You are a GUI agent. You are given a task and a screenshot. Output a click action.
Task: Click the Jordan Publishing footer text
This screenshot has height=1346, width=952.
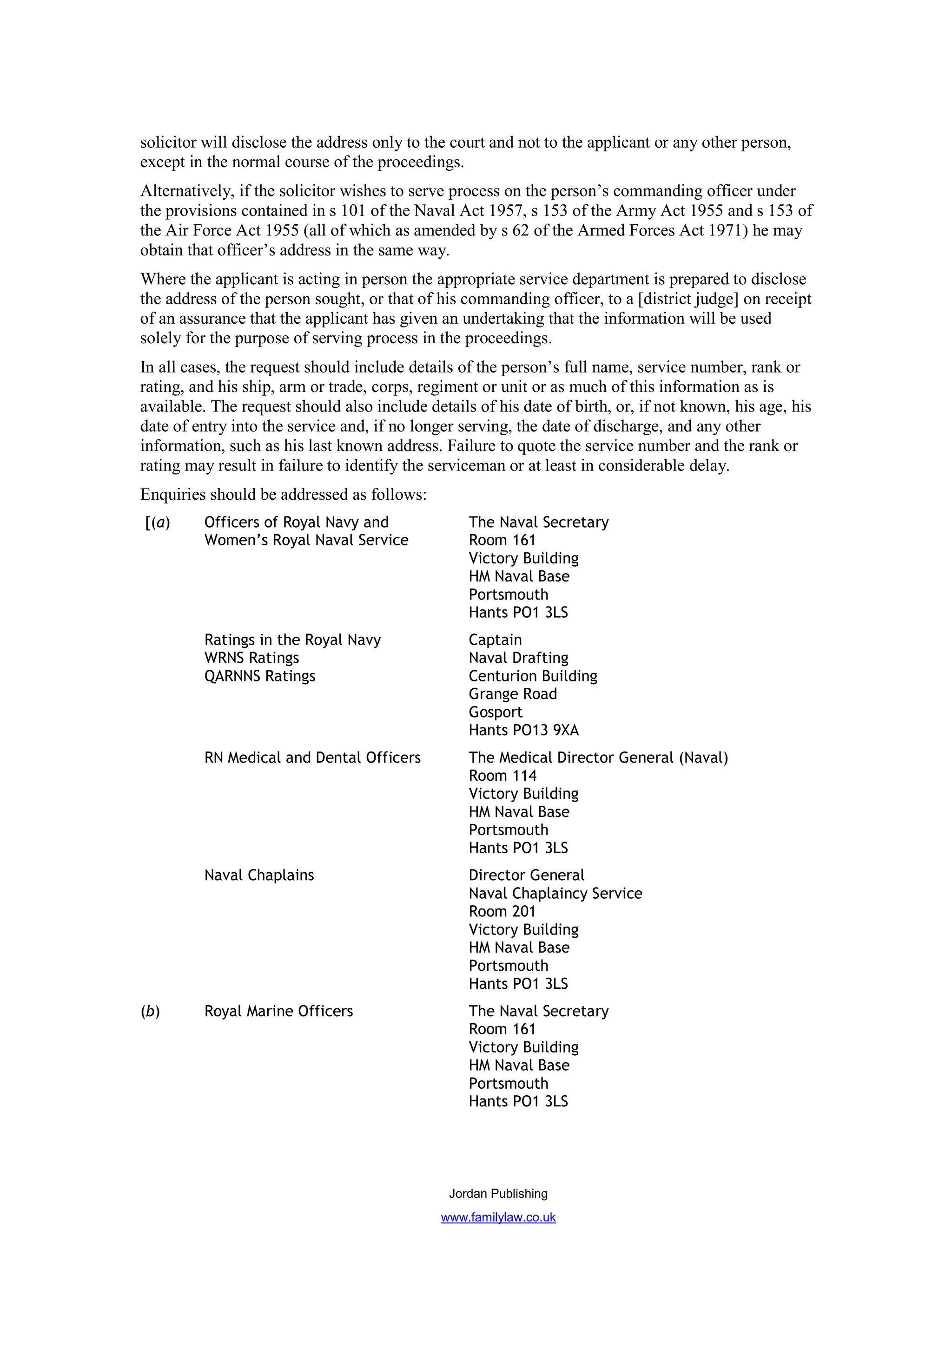[498, 1194]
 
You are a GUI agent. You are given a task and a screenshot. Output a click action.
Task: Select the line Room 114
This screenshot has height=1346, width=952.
[502, 776]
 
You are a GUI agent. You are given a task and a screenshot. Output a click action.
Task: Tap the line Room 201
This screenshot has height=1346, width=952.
[502, 912]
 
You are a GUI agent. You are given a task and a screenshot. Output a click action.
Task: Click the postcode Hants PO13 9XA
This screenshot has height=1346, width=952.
[523, 731]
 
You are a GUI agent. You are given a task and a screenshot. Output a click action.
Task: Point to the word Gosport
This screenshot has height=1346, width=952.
[495, 712]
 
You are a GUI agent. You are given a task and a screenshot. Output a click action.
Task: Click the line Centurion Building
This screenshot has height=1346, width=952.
[533, 676]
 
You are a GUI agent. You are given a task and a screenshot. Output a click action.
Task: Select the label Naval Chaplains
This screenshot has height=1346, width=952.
[258, 875]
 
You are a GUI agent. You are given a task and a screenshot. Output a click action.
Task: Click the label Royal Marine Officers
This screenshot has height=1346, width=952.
[278, 1011]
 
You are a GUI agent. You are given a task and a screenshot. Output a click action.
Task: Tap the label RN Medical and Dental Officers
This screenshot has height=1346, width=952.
[312, 758]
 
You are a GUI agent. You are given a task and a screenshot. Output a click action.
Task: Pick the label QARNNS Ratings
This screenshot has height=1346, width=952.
[259, 676]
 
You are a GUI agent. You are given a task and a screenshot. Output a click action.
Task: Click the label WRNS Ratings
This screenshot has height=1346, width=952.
[251, 658]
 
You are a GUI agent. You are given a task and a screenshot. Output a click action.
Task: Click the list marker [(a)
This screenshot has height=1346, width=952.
[157, 523]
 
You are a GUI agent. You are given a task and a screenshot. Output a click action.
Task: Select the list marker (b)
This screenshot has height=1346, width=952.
[150, 1011]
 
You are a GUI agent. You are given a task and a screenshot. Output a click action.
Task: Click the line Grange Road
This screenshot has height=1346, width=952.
[512, 694]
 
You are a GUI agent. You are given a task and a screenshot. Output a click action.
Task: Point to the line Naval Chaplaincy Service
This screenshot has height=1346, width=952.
[555, 894]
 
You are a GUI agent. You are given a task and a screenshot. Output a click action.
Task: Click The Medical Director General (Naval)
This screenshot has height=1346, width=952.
[598, 758]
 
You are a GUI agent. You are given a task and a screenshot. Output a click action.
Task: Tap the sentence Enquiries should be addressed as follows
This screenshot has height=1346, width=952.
[283, 494]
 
